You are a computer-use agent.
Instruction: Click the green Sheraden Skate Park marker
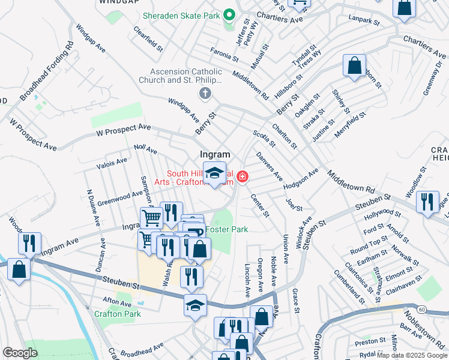pos(229,14)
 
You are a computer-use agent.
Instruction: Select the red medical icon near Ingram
pos(243,176)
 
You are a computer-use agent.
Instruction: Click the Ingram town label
pos(215,154)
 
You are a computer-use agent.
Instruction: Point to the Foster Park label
pos(227,229)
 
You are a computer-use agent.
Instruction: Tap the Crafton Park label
pos(117,313)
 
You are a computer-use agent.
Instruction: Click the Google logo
pos(20,353)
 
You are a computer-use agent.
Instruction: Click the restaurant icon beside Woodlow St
pos(427,201)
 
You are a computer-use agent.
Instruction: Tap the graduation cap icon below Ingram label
pos(214,173)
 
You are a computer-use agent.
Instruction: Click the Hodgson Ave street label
pos(301,178)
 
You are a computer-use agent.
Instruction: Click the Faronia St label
pos(224,55)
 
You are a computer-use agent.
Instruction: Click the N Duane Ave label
pos(92,208)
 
